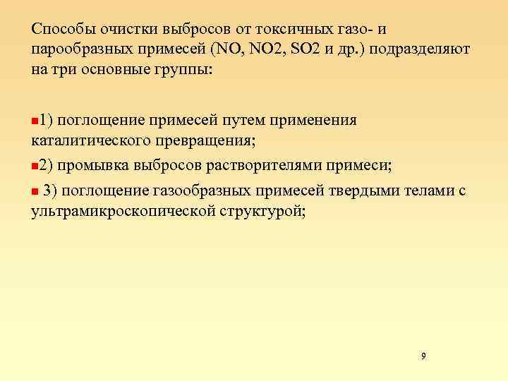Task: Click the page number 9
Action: click(423, 356)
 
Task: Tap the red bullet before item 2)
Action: click(35, 167)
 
